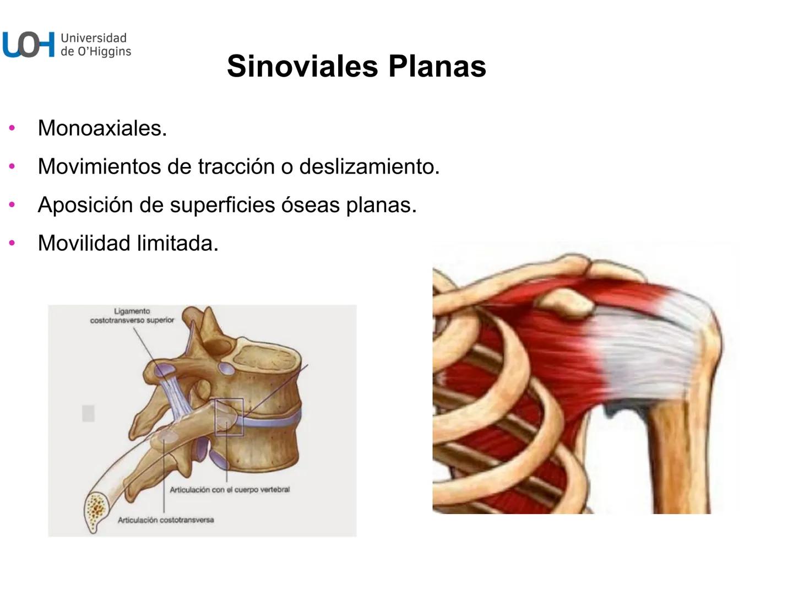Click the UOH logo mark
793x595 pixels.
click(x=29, y=45)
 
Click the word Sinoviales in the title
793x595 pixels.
click(x=302, y=66)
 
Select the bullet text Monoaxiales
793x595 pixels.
click(x=102, y=128)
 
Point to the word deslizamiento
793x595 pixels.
click(x=369, y=166)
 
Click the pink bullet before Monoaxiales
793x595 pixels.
click(x=12, y=128)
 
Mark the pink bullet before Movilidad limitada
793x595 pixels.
click(x=12, y=243)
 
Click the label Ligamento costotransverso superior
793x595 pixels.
click(x=132, y=316)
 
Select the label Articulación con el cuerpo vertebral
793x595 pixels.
click(x=229, y=489)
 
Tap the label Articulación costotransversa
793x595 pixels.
click(x=165, y=520)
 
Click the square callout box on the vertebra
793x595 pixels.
click(x=229, y=417)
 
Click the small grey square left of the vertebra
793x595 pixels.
click(x=88, y=413)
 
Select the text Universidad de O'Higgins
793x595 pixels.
click(x=95, y=45)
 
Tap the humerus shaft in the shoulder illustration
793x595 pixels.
click(x=680, y=463)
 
